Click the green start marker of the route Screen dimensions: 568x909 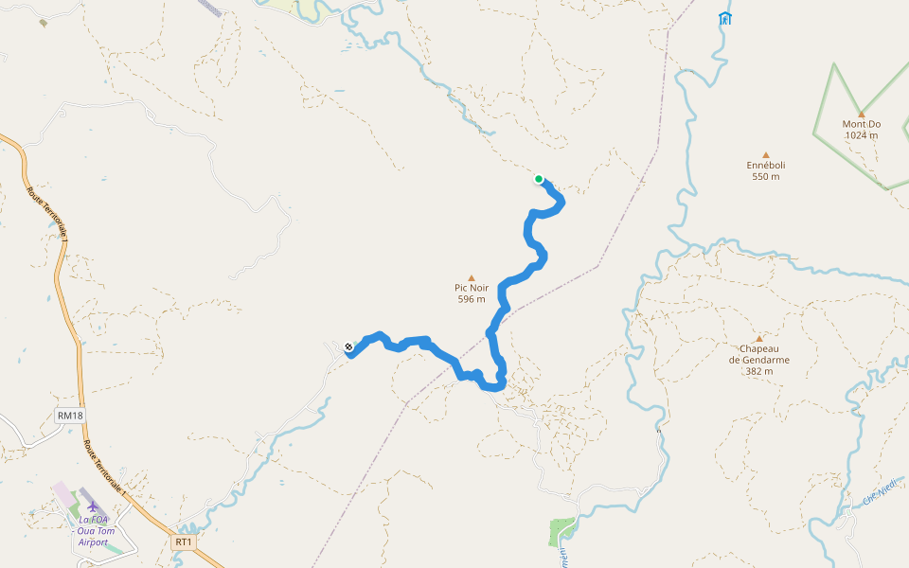pyautogui.click(x=539, y=179)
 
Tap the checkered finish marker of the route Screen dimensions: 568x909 pyautogui.click(x=349, y=347)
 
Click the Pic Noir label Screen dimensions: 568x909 pyautogui.click(x=472, y=288)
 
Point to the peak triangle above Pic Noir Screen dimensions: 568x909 pyautogui.click(x=472, y=277)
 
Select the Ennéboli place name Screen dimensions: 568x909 pyautogui.click(x=766, y=165)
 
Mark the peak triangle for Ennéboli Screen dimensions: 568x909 pyautogui.click(x=766, y=155)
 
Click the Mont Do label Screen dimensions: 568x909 pyautogui.click(x=861, y=124)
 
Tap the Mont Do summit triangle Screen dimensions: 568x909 pyautogui.click(x=861, y=114)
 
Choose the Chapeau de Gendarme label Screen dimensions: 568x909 pyautogui.click(x=758, y=354)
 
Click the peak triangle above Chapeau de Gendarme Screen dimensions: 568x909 pyautogui.click(x=758, y=338)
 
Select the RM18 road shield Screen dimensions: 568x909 pyautogui.click(x=70, y=415)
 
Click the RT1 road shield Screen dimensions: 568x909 pyautogui.click(x=184, y=542)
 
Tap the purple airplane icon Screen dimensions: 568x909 pyautogui.click(x=93, y=506)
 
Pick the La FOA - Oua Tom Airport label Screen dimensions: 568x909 pyautogui.click(x=93, y=530)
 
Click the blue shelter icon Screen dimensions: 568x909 pyautogui.click(x=725, y=18)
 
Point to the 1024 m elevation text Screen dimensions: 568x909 pyautogui.click(x=861, y=135)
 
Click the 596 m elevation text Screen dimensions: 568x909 pyautogui.click(x=472, y=299)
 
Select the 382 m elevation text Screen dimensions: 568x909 pyautogui.click(x=758, y=371)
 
